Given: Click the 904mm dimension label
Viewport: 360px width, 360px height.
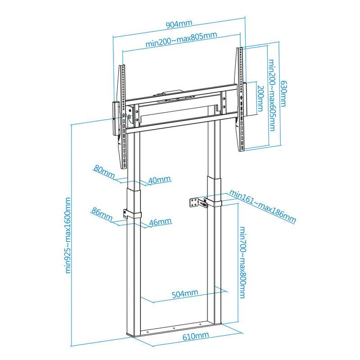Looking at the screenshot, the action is pos(179,24).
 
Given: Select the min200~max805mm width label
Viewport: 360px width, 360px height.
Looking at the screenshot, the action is pos(181,39).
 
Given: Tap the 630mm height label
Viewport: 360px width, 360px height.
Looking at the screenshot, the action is pos(283,94).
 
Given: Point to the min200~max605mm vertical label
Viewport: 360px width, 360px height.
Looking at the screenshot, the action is pos(272,95).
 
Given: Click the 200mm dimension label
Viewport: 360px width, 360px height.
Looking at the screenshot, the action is pos(261,99).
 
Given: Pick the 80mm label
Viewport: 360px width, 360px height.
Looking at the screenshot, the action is pos(104,172).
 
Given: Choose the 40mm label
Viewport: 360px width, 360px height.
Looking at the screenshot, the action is pos(159,180).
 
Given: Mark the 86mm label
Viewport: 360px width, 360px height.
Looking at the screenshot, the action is pos(102,214).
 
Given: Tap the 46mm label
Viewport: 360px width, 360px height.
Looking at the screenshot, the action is pos(160,222).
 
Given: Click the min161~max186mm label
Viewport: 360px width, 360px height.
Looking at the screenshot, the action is pos(263,206).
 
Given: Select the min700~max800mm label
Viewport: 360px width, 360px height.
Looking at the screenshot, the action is pos(243,262).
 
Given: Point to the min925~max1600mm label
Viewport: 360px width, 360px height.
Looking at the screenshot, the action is pos(68,235).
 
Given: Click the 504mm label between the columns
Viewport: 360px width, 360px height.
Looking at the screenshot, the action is pos(185,293).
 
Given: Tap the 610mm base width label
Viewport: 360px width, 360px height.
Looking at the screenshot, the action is pos(196,336).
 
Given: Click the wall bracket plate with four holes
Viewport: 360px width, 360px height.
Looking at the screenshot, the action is pos(194,202).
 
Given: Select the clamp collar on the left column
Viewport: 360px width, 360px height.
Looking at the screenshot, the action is pos(132,214).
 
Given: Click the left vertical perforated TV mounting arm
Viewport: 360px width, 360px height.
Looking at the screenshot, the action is pos(122,117).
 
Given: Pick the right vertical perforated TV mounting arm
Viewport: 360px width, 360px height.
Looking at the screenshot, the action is pos(239,99).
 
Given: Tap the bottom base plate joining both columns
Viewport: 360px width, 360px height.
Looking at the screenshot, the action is pos(175,330).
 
